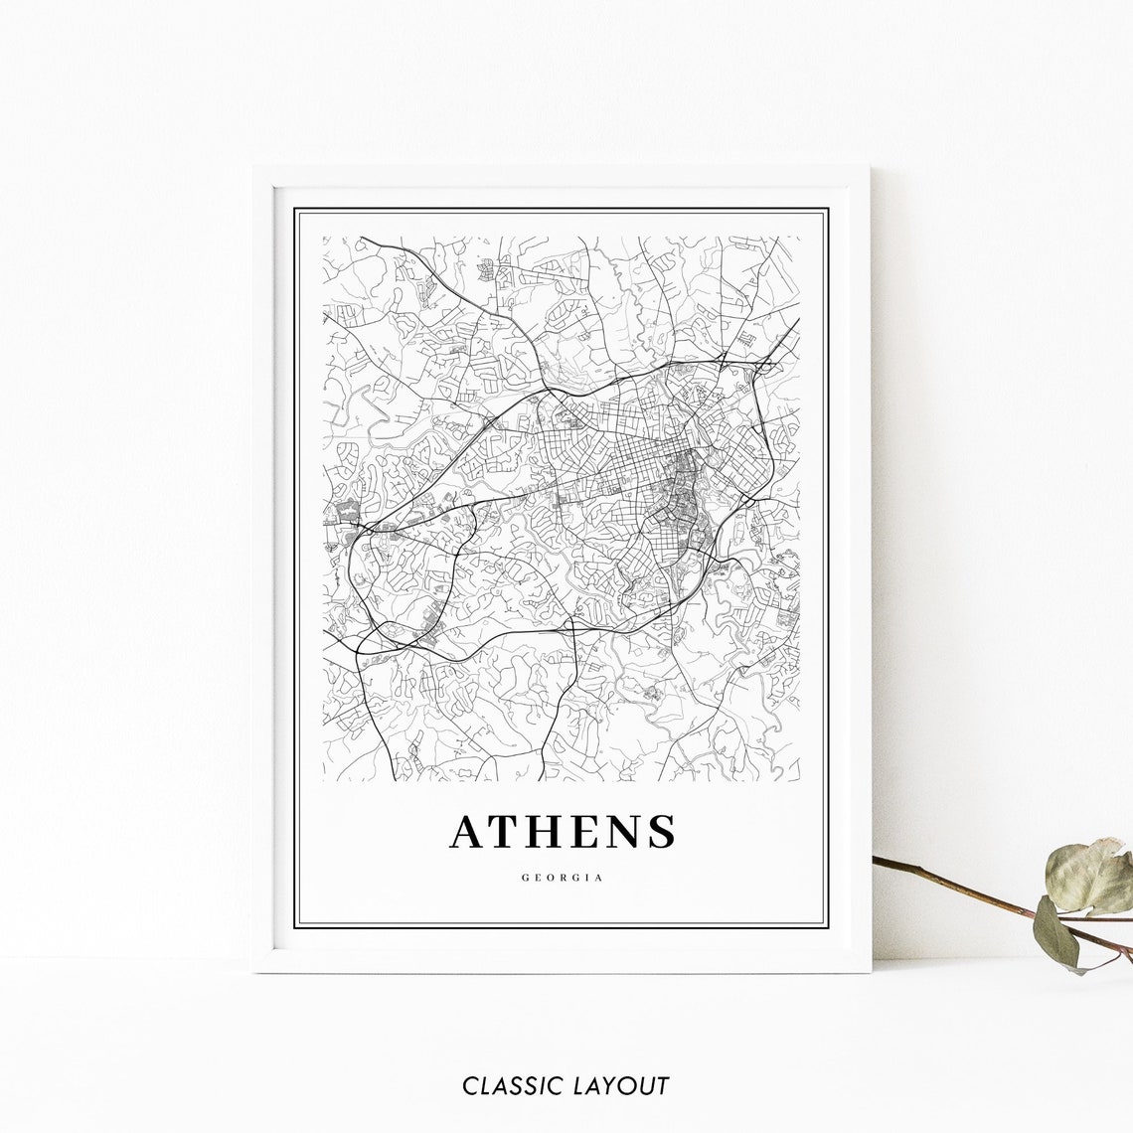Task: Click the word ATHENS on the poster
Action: point(563,832)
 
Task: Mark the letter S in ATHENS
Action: point(663,832)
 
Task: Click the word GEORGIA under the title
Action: point(563,878)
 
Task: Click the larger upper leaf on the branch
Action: point(1089,877)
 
